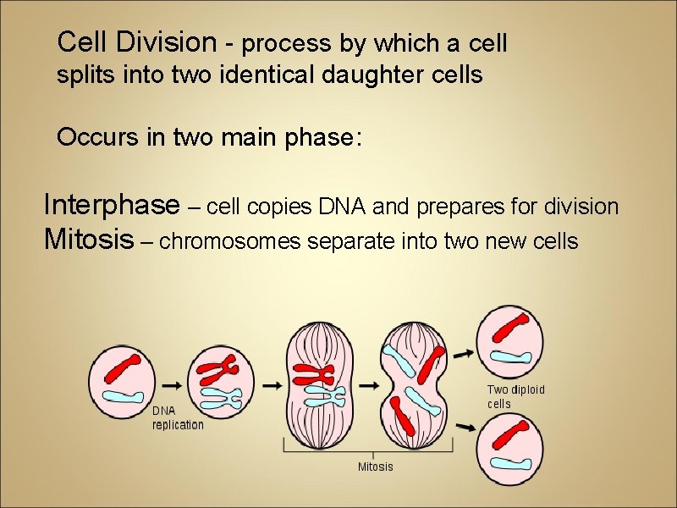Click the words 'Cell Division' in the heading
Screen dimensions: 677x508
click(x=137, y=41)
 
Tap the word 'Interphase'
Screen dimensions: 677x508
click(x=111, y=205)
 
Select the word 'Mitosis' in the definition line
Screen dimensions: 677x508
click(x=88, y=240)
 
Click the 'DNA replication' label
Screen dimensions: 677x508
click(x=178, y=417)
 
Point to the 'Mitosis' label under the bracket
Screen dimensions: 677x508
click(x=376, y=467)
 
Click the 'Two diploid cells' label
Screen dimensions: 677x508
click(x=515, y=396)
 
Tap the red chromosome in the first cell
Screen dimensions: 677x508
click(x=124, y=369)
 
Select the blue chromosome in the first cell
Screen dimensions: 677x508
click(x=124, y=395)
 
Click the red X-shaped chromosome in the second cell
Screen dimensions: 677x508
click(x=223, y=368)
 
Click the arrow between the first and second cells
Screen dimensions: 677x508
click(x=171, y=384)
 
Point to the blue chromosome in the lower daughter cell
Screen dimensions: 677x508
click(x=510, y=461)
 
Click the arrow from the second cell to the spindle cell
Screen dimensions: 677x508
click(x=272, y=384)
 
